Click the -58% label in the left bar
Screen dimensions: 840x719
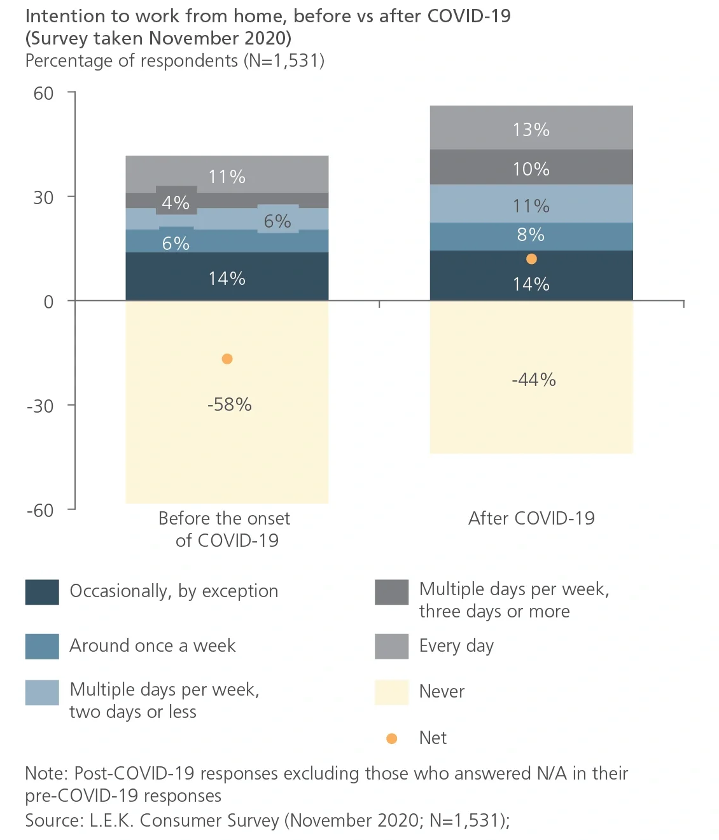click(x=229, y=404)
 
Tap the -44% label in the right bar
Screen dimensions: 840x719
click(x=533, y=380)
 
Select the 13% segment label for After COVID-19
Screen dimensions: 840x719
click(x=531, y=130)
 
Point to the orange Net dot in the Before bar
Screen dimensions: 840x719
click(x=227, y=359)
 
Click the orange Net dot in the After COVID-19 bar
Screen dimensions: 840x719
click(x=531, y=259)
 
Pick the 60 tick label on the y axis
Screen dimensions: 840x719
click(x=43, y=93)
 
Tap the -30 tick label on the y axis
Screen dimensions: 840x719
click(x=40, y=406)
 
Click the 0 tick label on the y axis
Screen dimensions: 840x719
click(x=48, y=301)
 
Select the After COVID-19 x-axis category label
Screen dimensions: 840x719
click(x=531, y=518)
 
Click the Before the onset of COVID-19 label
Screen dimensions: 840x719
click(x=225, y=529)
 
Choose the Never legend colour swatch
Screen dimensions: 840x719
click(x=391, y=692)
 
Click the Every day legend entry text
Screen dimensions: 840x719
click(x=456, y=646)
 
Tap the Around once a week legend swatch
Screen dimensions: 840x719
click(x=42, y=646)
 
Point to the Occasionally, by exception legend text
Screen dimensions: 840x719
click(x=174, y=591)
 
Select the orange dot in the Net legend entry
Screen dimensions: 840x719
click(x=392, y=738)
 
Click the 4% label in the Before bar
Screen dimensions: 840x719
click(x=176, y=203)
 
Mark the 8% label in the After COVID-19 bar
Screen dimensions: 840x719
click(x=531, y=235)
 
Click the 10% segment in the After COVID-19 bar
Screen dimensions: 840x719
click(x=531, y=169)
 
